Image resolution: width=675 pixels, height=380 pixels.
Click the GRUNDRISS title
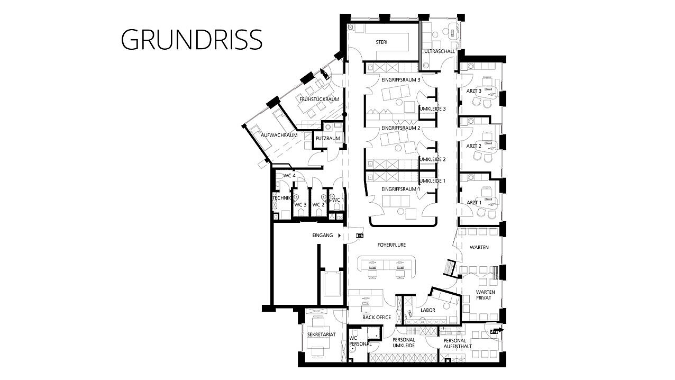click(x=191, y=39)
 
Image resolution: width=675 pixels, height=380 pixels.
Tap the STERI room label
click(x=381, y=42)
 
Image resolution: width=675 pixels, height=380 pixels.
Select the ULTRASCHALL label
click(x=440, y=51)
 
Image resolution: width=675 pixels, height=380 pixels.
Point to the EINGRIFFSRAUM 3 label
click(x=400, y=80)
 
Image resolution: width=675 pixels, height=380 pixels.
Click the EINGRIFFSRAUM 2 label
click(x=400, y=128)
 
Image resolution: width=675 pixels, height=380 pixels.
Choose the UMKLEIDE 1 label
click(x=432, y=181)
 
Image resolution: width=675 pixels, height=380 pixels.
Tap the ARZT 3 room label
click(x=473, y=91)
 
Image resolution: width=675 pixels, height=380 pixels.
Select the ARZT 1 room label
click(x=473, y=203)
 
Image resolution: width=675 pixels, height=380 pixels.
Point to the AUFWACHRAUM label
click(x=279, y=135)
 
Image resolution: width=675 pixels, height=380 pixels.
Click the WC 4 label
click(x=289, y=176)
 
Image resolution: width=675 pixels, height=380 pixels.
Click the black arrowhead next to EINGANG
click(x=339, y=235)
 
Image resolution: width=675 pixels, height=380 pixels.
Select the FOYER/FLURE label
click(x=391, y=245)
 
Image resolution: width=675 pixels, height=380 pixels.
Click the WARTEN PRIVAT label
click(x=485, y=295)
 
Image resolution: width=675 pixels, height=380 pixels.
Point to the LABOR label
click(x=427, y=310)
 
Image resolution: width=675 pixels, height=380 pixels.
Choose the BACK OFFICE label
click(x=376, y=317)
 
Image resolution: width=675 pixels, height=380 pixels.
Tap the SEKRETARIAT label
click(x=321, y=334)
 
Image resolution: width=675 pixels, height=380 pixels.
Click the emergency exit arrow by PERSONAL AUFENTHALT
click(x=497, y=330)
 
